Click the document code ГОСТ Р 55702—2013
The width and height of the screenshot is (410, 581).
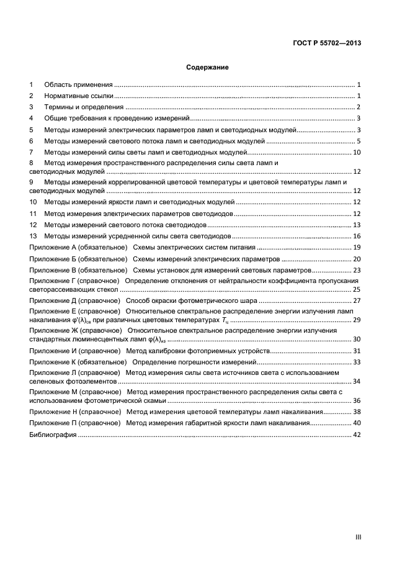328,43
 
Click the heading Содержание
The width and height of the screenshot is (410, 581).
208,67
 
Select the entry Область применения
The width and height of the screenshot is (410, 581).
78,84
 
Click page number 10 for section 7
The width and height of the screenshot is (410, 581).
357,153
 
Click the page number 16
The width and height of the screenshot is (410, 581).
357,236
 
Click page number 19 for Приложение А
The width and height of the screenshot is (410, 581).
357,248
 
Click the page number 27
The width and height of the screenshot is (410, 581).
357,300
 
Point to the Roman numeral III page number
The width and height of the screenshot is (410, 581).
358,538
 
